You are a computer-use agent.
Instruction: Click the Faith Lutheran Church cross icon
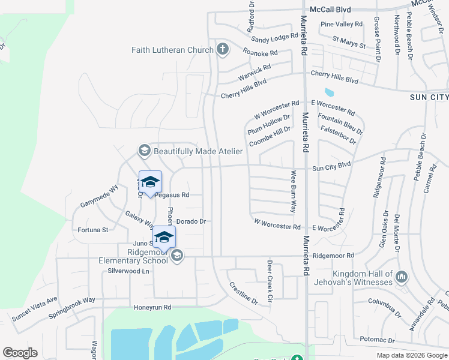tap(223, 50)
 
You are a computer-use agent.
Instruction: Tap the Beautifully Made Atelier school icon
tap(144, 151)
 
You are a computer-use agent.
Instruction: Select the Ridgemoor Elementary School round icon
tap(176, 256)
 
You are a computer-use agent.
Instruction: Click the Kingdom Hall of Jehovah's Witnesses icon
tap(402, 277)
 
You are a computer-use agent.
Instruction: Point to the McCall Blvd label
tap(331, 10)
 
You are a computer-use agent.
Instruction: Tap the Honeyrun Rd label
tap(152, 307)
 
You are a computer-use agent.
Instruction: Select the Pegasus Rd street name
tap(172, 195)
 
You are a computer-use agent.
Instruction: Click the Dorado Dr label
tap(191, 221)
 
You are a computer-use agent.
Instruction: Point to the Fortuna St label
tap(93, 230)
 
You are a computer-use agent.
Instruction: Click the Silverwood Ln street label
tap(128, 271)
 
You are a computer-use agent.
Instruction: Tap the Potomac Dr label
tap(377, 340)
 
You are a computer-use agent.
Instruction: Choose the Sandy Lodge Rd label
tap(275, 38)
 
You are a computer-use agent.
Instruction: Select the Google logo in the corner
tap(20, 353)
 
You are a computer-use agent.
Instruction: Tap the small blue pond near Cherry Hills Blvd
tap(328, 93)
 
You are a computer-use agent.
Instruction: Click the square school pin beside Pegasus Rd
tap(150, 182)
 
